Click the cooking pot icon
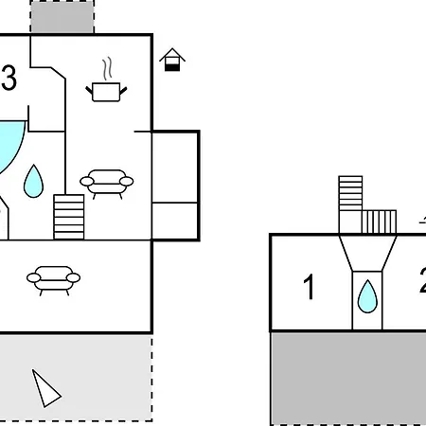coord(106,92)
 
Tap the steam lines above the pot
coord(108,68)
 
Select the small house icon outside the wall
coord(172,60)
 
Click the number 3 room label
coord(9,78)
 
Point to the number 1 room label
coord(310,287)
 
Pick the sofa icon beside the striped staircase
coord(107,184)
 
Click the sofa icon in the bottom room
coord(54,280)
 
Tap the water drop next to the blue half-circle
coord(33,181)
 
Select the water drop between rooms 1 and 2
coord(367,296)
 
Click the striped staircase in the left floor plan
coord(69,217)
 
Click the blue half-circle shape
coord(11,145)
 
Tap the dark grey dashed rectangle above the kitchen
coord(62,16)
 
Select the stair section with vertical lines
coord(379,222)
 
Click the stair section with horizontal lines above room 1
coord(350,193)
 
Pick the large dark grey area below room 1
coord(348,379)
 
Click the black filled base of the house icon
coord(172,67)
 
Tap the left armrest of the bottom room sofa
coord(34,278)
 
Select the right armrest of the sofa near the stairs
coord(127,182)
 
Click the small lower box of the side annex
coord(175,221)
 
